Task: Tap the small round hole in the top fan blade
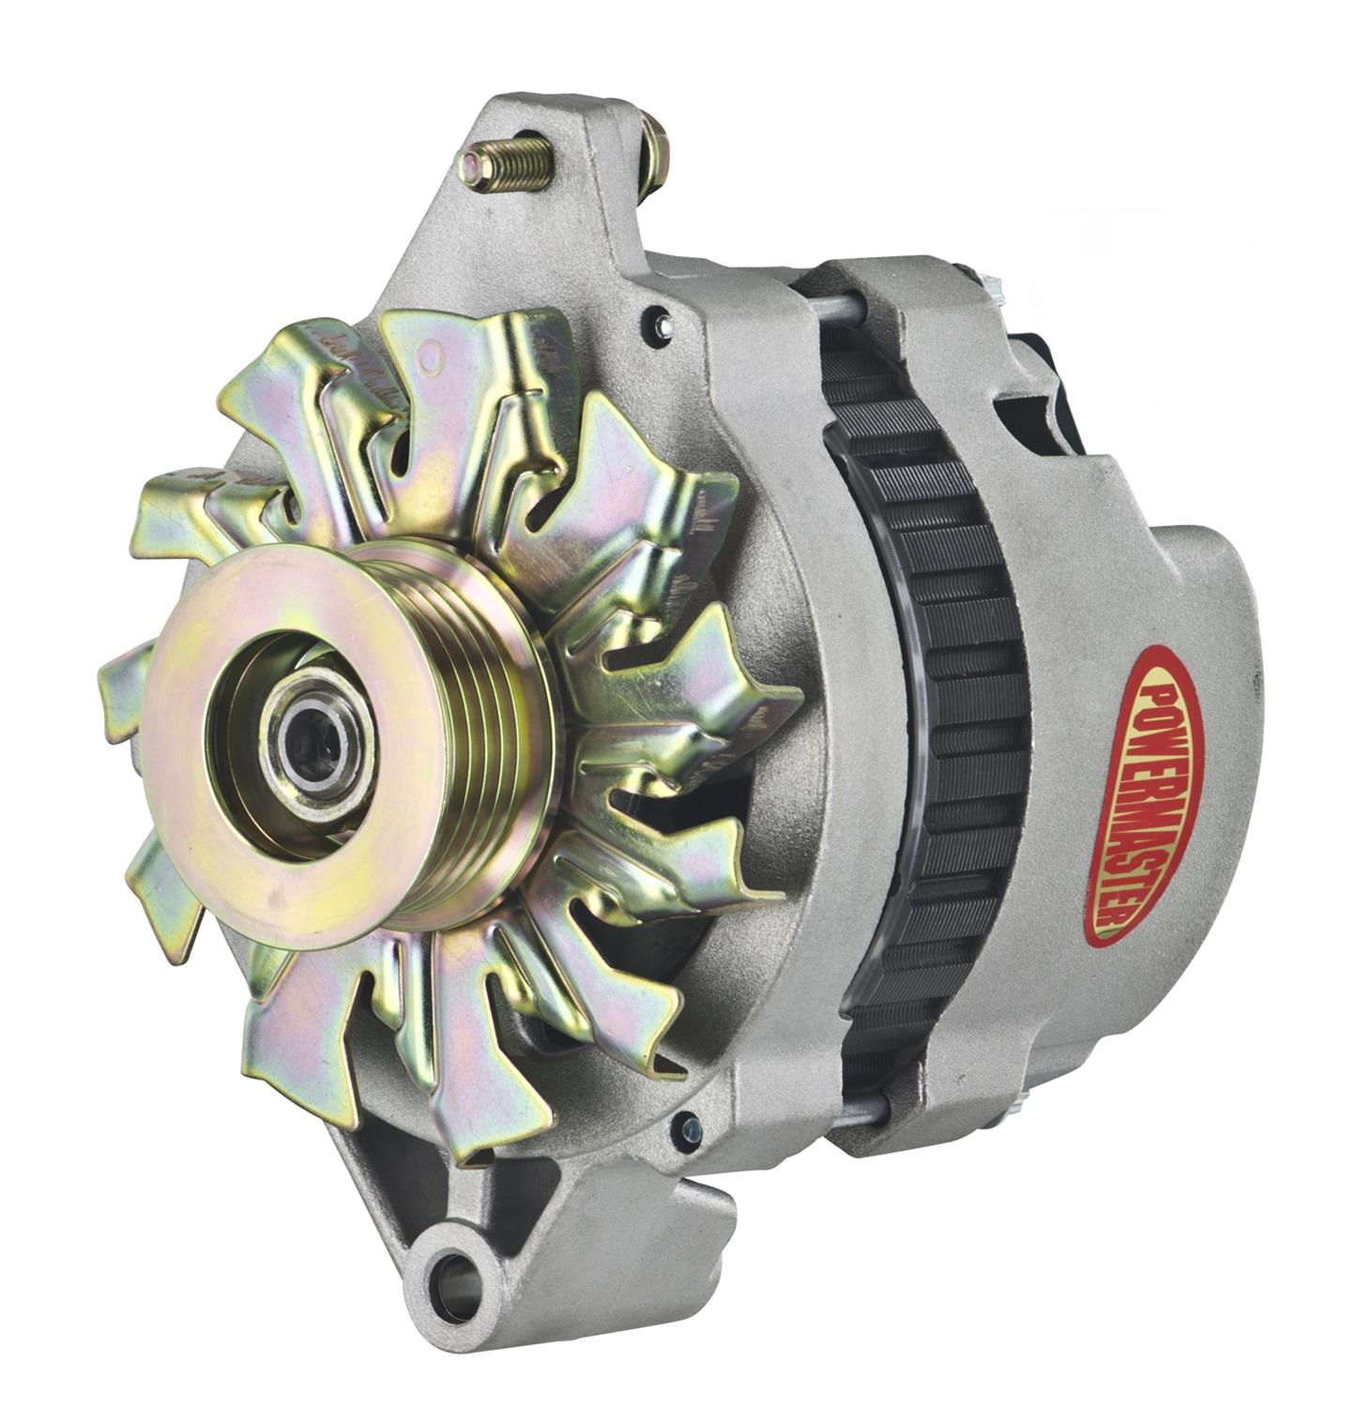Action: (433, 356)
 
